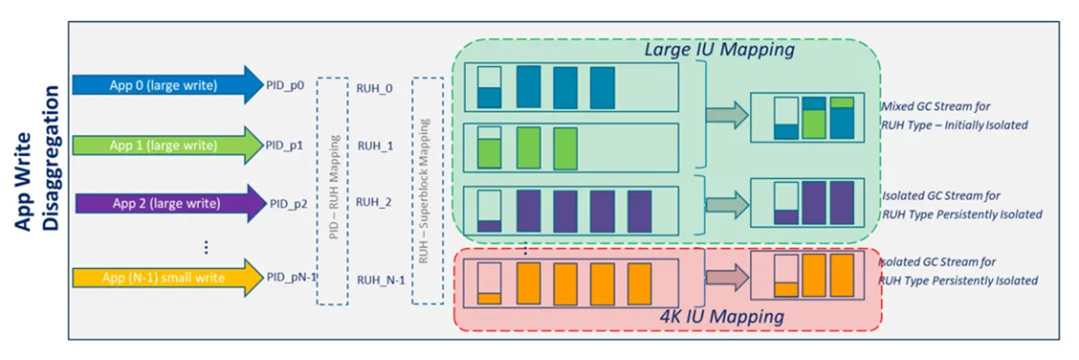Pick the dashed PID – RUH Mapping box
pos(332,191)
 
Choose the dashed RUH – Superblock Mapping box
pos(427,191)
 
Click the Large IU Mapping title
pos(719,50)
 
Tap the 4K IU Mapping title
pos(722,317)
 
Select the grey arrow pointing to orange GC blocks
pos(727,277)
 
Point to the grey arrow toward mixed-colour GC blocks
pos(727,116)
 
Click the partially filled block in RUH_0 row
pos(489,87)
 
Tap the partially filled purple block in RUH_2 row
pos(489,212)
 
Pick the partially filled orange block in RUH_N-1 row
pos(489,283)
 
